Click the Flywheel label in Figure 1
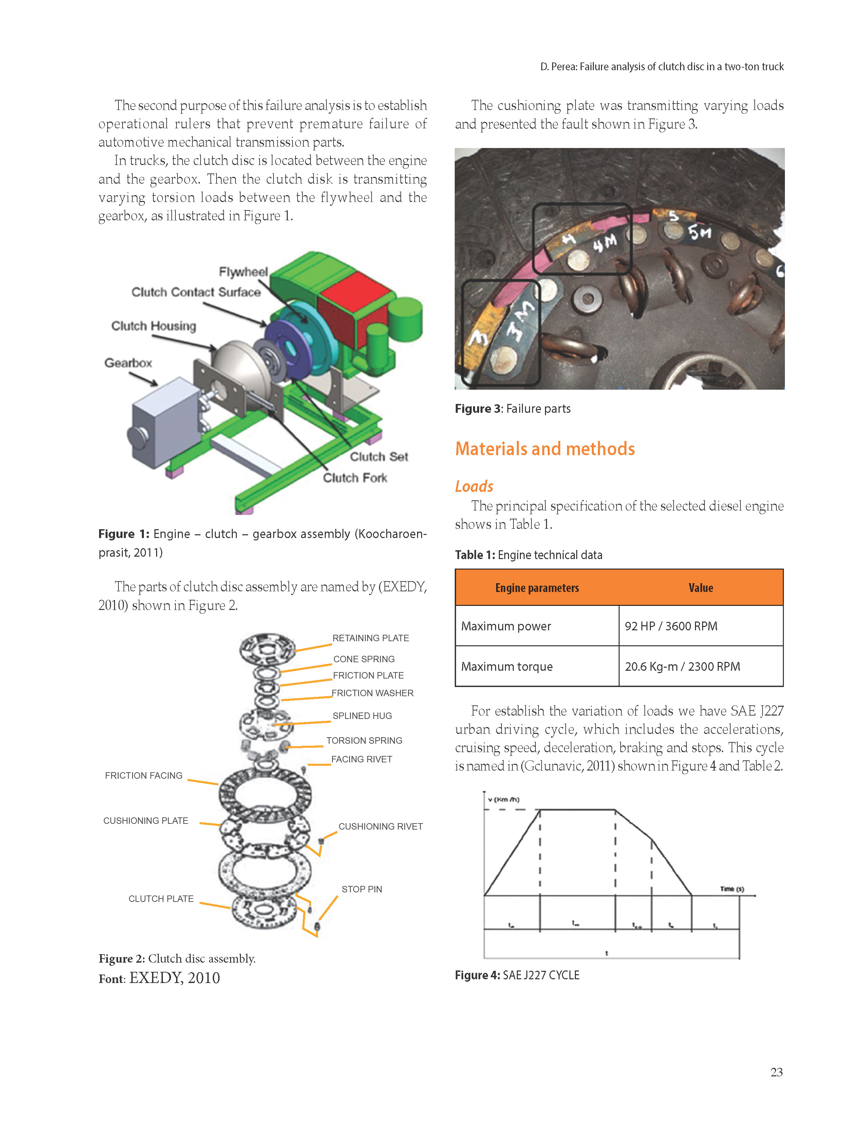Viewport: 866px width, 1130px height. coord(243,272)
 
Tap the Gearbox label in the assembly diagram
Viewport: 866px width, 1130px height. coord(128,363)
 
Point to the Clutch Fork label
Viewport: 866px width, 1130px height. coord(355,478)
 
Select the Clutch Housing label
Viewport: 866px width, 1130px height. coord(154,326)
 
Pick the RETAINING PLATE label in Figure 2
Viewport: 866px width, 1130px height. coord(370,638)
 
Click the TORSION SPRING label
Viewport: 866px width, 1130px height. coord(364,740)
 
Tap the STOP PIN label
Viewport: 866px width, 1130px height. coord(361,889)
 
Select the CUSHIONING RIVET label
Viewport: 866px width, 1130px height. coord(380,826)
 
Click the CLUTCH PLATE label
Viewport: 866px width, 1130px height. coord(161,899)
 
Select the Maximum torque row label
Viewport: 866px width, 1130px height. coord(507,667)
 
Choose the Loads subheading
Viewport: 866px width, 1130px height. coord(474,486)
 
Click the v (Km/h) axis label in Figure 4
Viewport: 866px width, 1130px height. coord(504,800)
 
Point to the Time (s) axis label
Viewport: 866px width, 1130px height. coord(732,889)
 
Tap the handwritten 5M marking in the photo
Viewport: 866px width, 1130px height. coord(699,233)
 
